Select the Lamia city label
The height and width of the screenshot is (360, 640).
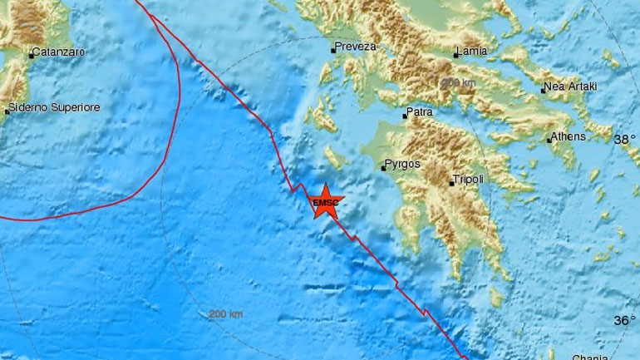pos(470,52)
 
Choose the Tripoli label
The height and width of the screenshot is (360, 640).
pos(468,180)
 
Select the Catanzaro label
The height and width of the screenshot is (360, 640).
pos(58,53)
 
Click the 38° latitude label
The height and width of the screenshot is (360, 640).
pos(624,141)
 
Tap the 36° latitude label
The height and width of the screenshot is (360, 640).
pos(624,320)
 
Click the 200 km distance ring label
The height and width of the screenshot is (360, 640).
pos(226,313)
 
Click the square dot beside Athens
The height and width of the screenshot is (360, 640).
pos(549,141)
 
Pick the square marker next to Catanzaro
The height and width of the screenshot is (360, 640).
pos(31,55)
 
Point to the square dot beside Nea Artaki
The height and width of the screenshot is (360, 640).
pos(542,89)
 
